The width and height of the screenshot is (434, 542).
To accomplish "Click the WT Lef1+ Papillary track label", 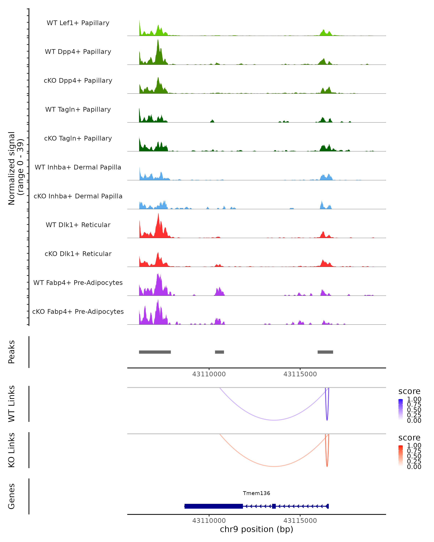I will [78, 23].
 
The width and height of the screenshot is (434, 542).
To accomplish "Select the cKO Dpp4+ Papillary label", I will [78, 81].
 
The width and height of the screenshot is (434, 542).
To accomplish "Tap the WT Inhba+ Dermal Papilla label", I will [78, 167].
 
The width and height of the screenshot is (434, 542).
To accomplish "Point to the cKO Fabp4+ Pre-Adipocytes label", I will [78, 312].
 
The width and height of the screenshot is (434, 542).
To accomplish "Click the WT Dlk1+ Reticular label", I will [78, 225].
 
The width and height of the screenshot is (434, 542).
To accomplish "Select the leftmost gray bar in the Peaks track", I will [155, 352].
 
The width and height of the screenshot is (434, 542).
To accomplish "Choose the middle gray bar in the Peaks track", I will [219, 352].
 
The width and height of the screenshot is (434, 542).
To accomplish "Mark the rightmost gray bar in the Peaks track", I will [325, 352].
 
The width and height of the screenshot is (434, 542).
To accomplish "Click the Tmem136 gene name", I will [256, 493].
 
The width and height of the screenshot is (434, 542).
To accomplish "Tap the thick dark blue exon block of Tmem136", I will [214, 506].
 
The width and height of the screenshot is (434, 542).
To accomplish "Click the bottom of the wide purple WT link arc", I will [274, 420].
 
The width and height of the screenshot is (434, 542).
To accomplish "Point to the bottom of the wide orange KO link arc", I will [274, 466].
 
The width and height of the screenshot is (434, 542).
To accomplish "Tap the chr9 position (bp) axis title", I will [256, 529].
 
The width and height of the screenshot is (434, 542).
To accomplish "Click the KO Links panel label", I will [12, 450].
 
